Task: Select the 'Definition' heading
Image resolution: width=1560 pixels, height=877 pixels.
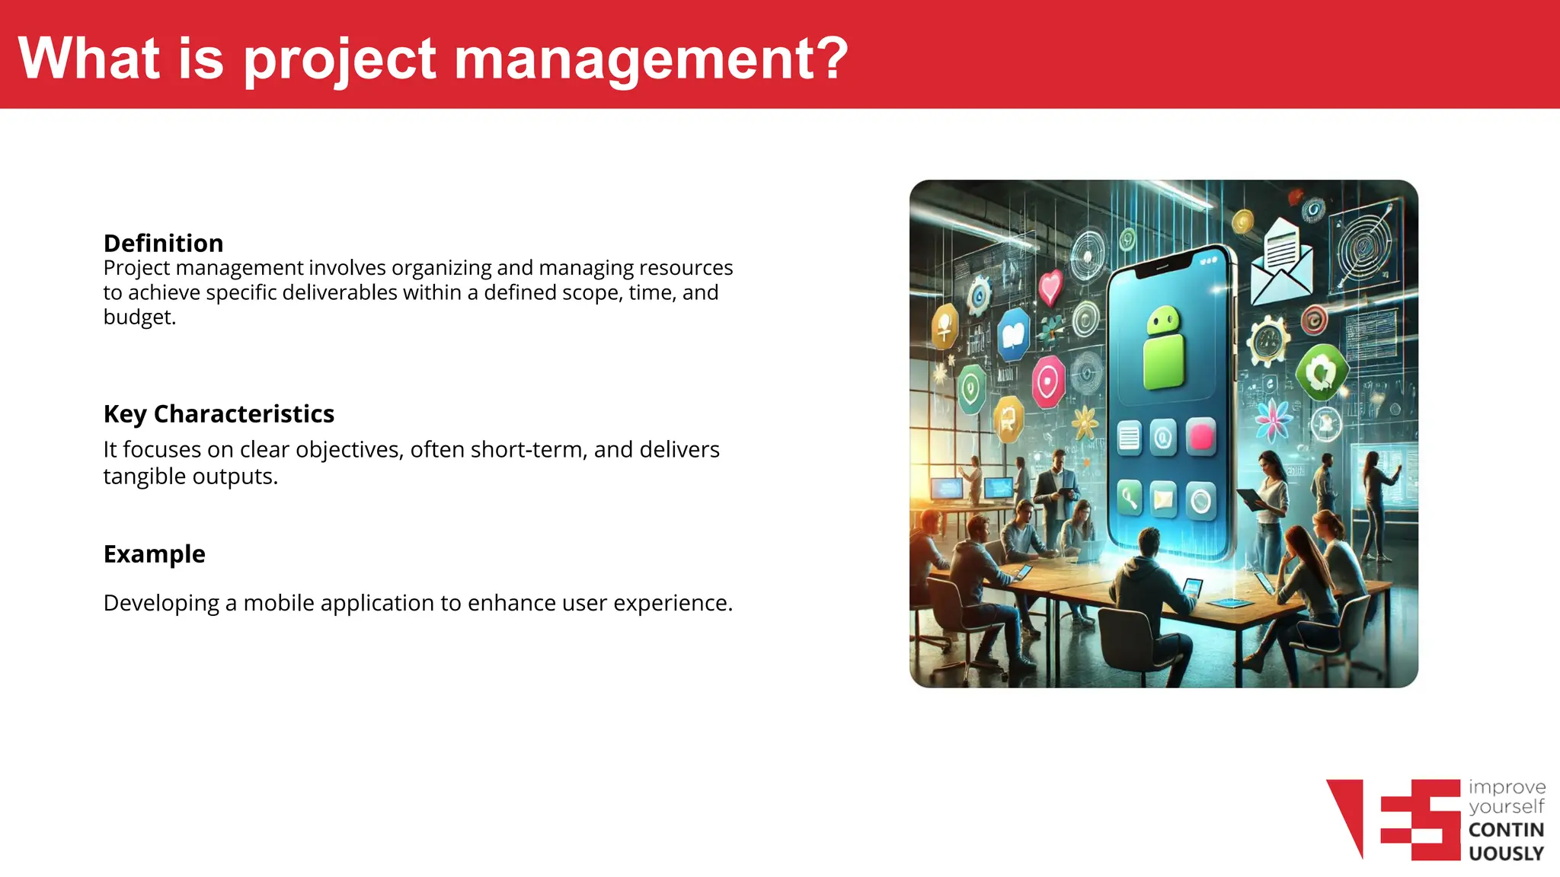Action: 163,243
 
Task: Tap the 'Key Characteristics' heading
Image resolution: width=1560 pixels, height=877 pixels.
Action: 219,413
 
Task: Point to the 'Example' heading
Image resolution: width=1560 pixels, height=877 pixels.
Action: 154,553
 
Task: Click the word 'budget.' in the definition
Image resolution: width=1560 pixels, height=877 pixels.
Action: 139,317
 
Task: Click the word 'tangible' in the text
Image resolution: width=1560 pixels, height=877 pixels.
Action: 144,477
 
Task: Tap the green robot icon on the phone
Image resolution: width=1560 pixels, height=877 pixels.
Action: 1164,347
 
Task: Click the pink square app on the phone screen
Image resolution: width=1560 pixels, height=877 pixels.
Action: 1201,437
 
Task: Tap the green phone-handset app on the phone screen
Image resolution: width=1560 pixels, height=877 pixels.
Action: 1129,499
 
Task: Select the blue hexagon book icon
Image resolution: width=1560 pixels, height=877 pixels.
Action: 1014,334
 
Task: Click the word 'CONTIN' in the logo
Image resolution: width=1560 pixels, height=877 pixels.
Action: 1505,830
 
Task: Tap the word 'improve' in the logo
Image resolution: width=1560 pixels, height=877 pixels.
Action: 1506,787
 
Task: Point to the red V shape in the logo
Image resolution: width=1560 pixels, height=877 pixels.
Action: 1348,815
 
